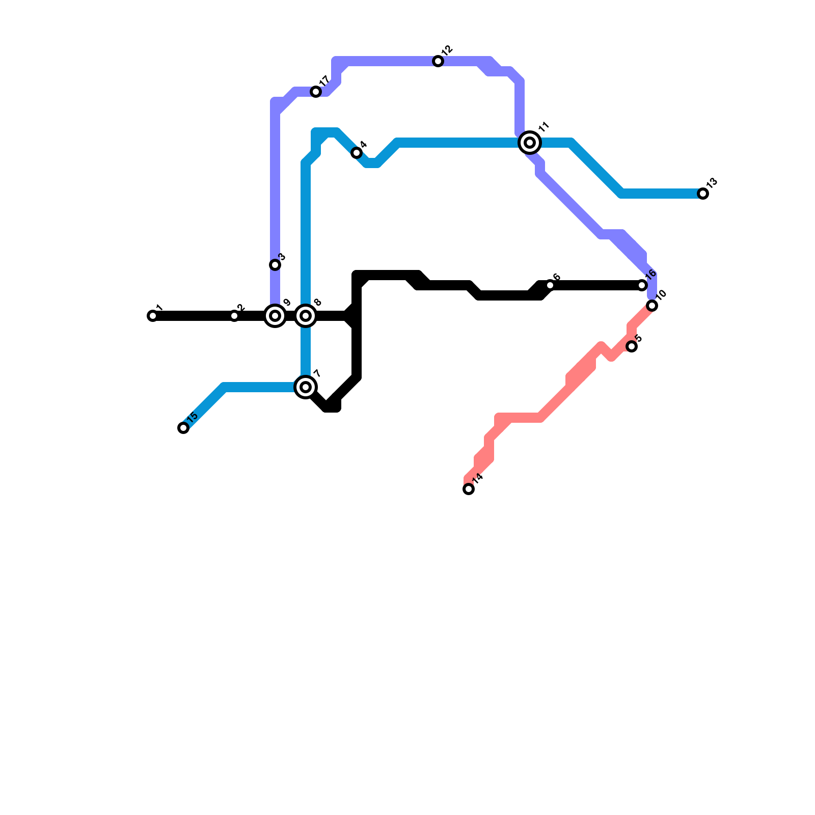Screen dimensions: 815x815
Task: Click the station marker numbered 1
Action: (x=153, y=316)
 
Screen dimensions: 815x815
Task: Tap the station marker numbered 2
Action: (x=234, y=316)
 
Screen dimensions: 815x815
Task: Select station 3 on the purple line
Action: (x=275, y=265)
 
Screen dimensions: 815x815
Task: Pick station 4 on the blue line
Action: (x=357, y=153)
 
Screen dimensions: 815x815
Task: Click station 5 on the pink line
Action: (x=632, y=346)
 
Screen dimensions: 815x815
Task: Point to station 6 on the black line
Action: (x=550, y=285)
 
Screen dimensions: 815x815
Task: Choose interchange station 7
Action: (x=306, y=387)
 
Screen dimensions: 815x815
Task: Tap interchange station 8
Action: (x=306, y=316)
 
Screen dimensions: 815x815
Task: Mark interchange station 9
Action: (x=275, y=316)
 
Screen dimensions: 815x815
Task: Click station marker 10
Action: (x=652, y=306)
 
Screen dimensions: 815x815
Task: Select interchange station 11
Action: (x=530, y=143)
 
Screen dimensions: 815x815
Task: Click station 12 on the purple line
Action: (x=438, y=61)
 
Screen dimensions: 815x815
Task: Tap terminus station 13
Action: (x=703, y=194)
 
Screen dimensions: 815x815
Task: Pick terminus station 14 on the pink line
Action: (x=469, y=489)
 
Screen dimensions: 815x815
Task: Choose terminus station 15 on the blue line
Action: (x=183, y=428)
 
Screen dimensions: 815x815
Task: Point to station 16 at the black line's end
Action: (x=642, y=285)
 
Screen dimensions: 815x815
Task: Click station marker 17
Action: (x=316, y=92)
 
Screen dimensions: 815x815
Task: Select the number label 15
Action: (x=192, y=416)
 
